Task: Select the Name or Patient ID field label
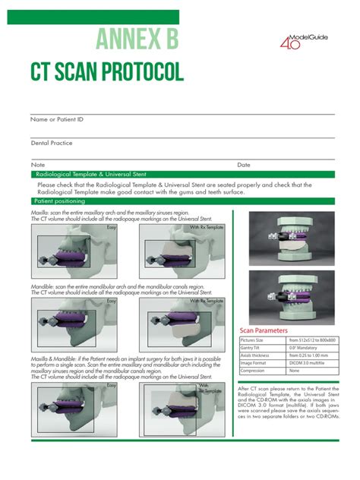[57, 120]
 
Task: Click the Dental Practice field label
[52, 143]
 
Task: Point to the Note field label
[38, 164]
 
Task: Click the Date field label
[244, 164]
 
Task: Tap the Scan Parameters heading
[264, 331]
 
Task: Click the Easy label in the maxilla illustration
[111, 227]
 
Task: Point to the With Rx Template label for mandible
[207, 302]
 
